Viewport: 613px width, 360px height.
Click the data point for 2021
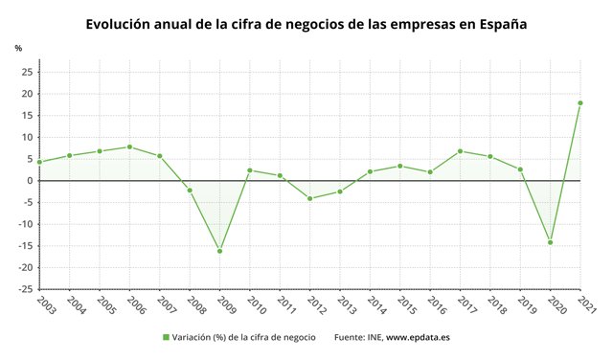580,102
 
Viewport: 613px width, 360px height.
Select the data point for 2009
219,251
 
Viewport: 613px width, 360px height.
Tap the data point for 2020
551,242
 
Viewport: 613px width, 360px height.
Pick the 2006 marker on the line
129,146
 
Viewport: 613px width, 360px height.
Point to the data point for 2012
309,198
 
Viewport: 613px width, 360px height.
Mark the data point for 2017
461,150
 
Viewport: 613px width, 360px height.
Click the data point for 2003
39,162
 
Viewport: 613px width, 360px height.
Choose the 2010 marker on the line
249,170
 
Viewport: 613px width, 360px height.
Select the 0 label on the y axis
31,181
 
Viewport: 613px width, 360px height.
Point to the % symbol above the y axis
18,47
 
